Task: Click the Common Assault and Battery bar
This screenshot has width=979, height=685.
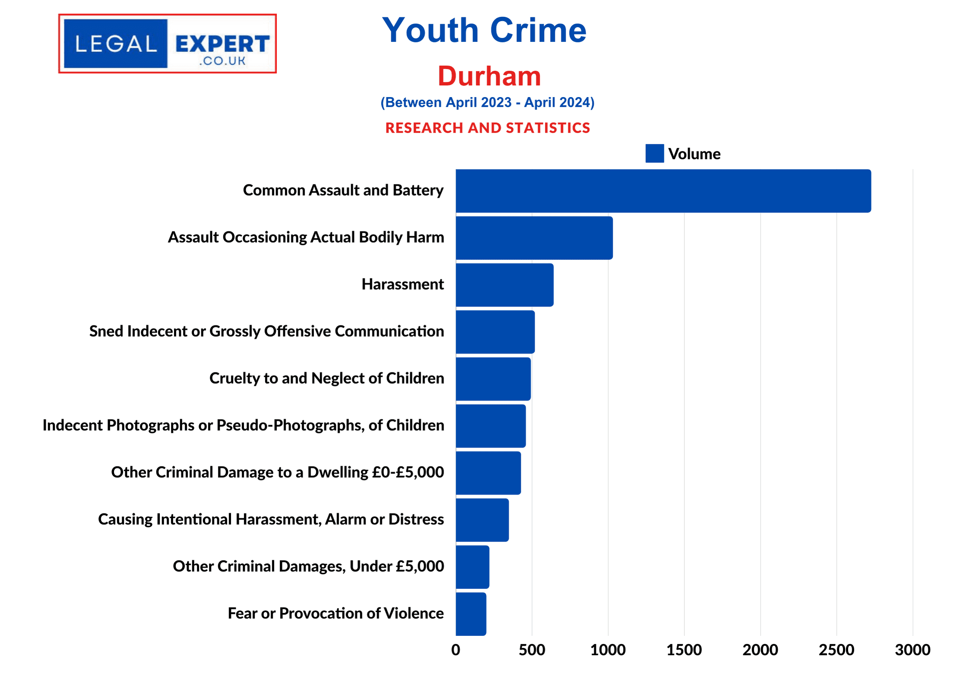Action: coord(663,191)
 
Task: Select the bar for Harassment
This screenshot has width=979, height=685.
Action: coord(504,285)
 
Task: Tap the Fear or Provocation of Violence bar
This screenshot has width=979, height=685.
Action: coord(471,614)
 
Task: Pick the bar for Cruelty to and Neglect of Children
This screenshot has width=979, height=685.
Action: coord(493,379)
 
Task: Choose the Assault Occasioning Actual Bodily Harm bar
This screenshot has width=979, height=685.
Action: coord(534,238)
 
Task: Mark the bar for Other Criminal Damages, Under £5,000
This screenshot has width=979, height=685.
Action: coord(472,567)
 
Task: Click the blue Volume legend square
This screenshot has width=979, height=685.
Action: coord(654,154)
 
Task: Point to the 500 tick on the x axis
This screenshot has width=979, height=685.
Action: coord(532,650)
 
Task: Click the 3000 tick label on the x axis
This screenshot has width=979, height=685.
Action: coord(912,650)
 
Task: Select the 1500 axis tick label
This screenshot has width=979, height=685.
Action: coord(684,650)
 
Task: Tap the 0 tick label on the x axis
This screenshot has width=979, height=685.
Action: coord(456,650)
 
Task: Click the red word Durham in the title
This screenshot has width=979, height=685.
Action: coord(489,76)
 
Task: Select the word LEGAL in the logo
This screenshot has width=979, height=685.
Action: coord(116,44)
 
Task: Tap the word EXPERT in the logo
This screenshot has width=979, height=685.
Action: coord(222,44)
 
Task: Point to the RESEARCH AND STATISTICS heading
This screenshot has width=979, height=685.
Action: coord(488,128)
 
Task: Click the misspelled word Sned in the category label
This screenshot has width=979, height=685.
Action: coord(106,331)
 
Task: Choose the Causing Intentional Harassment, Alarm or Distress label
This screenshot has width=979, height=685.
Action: coord(271,519)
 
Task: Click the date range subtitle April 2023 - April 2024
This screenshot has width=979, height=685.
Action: coord(487,102)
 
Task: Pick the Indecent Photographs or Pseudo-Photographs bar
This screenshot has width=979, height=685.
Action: coord(491,426)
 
